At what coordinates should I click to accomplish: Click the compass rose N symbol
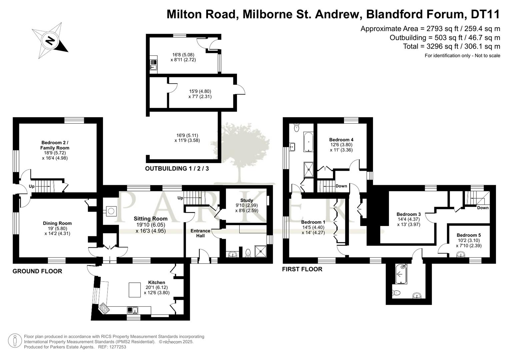50,41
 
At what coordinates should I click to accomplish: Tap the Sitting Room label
150,219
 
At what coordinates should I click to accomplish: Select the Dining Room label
57,223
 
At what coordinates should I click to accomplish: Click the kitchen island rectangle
135,290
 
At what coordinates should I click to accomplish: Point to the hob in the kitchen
104,308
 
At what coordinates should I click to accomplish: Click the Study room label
247,200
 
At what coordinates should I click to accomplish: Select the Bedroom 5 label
469,235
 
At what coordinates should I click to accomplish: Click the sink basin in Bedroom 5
461,254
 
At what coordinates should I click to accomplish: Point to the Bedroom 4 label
341,140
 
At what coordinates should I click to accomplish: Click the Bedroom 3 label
409,214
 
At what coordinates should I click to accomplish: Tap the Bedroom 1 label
313,222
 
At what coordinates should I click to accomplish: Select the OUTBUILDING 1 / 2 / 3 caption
177,168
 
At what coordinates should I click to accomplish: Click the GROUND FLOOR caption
37,271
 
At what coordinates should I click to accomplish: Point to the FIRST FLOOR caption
302,269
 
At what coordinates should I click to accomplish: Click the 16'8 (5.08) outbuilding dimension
183,55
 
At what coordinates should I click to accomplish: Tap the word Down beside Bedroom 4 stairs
341,186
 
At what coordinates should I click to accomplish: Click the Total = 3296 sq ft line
452,46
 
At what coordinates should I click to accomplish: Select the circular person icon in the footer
15,341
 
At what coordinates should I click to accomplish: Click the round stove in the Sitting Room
111,211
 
